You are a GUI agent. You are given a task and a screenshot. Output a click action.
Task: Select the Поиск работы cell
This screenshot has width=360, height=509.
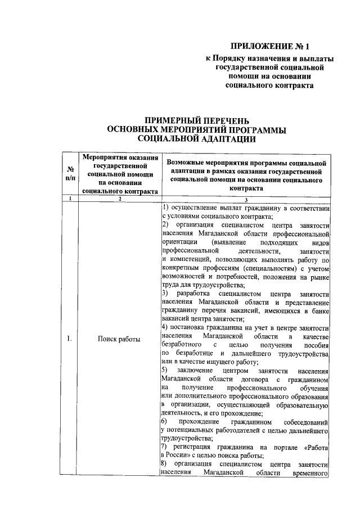(119, 339)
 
